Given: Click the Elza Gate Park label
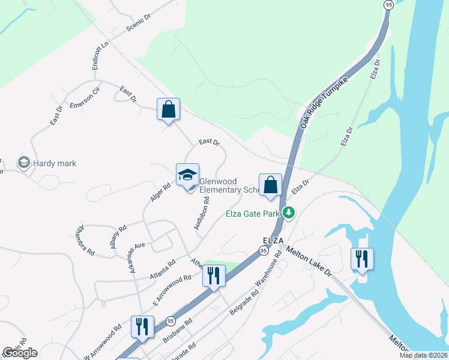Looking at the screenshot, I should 254,213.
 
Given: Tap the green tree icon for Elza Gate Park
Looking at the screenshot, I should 289,213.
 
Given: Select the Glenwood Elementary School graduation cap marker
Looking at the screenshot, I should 187,175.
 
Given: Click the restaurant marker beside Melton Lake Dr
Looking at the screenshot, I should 362,259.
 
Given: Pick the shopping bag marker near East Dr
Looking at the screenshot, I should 168,110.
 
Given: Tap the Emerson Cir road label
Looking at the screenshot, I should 83,101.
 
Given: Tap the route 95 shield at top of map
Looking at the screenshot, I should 388,4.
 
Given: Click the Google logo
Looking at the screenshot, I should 20,353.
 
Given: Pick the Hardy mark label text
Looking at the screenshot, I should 55,163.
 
